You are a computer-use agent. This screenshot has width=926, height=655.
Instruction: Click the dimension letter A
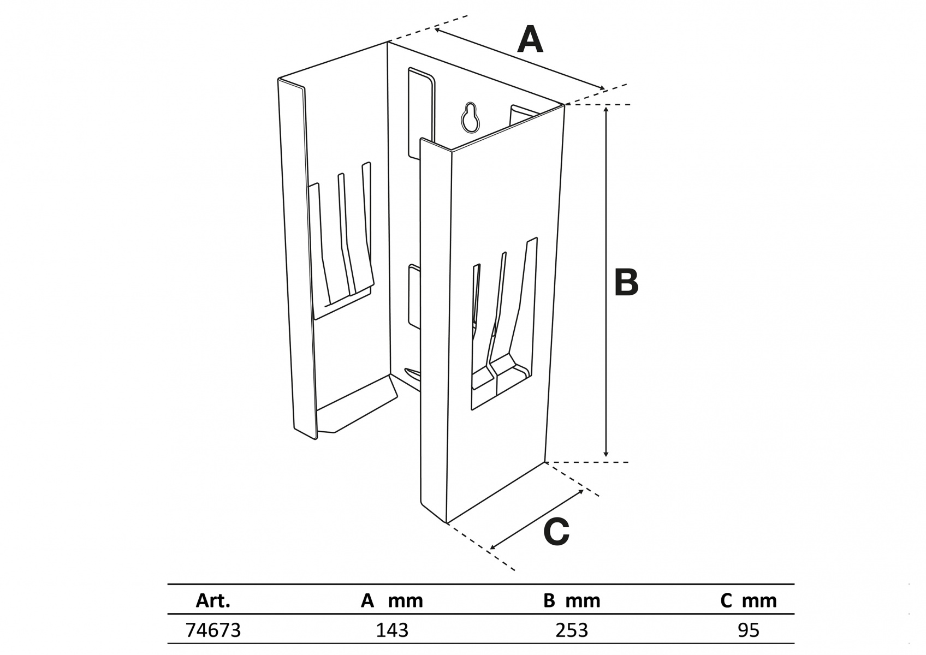(x=530, y=40)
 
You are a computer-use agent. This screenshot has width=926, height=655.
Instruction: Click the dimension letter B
(x=626, y=283)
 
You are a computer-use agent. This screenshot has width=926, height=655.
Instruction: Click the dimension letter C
(x=556, y=532)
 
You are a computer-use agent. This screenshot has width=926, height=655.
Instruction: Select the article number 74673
(x=213, y=630)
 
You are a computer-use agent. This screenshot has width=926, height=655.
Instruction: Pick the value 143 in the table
(x=392, y=630)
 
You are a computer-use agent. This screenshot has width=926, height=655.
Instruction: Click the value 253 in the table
(x=572, y=630)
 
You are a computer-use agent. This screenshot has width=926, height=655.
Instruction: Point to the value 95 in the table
(x=748, y=630)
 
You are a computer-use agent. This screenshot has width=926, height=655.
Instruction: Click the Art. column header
(x=213, y=601)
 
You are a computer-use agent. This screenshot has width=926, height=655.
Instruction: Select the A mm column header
(x=392, y=601)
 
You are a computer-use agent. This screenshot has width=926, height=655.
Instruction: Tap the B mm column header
(x=572, y=601)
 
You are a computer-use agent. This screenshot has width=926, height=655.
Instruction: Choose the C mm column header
(x=748, y=601)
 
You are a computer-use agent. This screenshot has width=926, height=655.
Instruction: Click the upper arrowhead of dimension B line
(x=606, y=110)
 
